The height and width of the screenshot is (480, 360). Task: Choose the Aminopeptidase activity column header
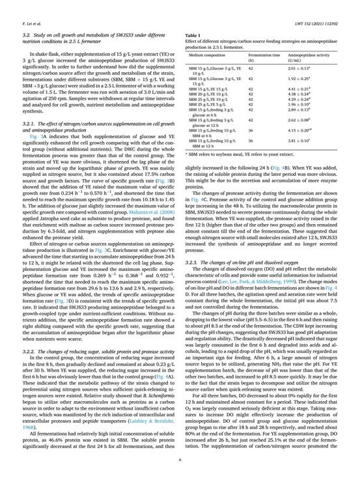[312, 56]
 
